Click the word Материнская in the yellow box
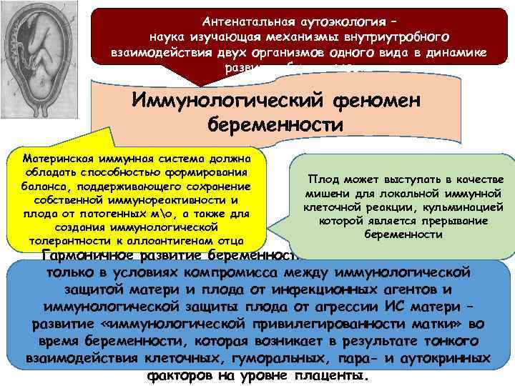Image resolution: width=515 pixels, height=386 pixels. (x=57, y=159)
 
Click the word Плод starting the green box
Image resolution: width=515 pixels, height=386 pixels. (x=321, y=179)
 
